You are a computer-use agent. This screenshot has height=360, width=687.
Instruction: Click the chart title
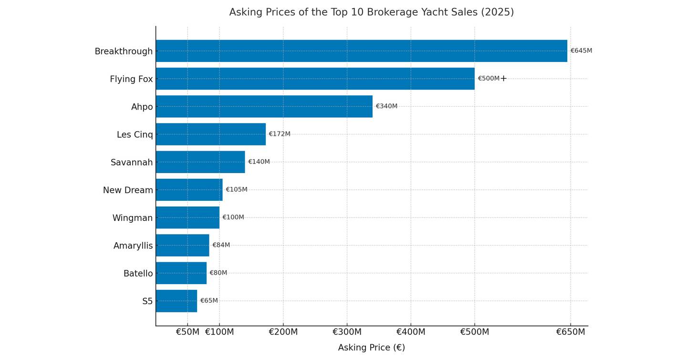pos(371,12)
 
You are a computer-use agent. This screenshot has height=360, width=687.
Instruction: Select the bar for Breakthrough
pos(361,51)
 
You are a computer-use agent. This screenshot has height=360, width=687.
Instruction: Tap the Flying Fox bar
pos(315,79)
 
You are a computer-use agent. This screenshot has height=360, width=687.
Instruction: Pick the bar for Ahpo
pos(264,106)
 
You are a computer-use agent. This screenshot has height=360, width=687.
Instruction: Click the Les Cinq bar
pos(210,134)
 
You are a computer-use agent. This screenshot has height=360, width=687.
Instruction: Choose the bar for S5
pos(176,301)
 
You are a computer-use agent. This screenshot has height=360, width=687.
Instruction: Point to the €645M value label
pos(581,51)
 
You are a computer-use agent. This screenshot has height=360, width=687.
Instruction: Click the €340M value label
pos(386,106)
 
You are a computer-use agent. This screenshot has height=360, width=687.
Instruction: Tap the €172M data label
pos(280,134)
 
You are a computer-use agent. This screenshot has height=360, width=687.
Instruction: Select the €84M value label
pos(221,245)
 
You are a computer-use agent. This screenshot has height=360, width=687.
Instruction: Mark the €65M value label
pos(209,301)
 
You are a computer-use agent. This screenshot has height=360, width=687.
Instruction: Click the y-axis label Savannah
pos(132,163)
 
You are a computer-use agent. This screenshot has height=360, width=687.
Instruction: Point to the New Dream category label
pos(128,190)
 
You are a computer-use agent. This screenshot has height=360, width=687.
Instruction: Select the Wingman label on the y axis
pos(133,218)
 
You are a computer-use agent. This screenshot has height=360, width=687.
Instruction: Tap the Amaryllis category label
pos(133,246)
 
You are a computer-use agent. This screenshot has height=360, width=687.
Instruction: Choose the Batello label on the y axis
pos(138,274)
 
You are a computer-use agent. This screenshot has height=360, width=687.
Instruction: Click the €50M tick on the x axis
pos(187,332)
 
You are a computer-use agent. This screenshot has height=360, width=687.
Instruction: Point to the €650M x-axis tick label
pos(570,332)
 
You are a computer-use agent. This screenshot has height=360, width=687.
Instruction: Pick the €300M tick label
pos(347,332)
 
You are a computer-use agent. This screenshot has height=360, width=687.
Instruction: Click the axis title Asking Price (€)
pos(371,348)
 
